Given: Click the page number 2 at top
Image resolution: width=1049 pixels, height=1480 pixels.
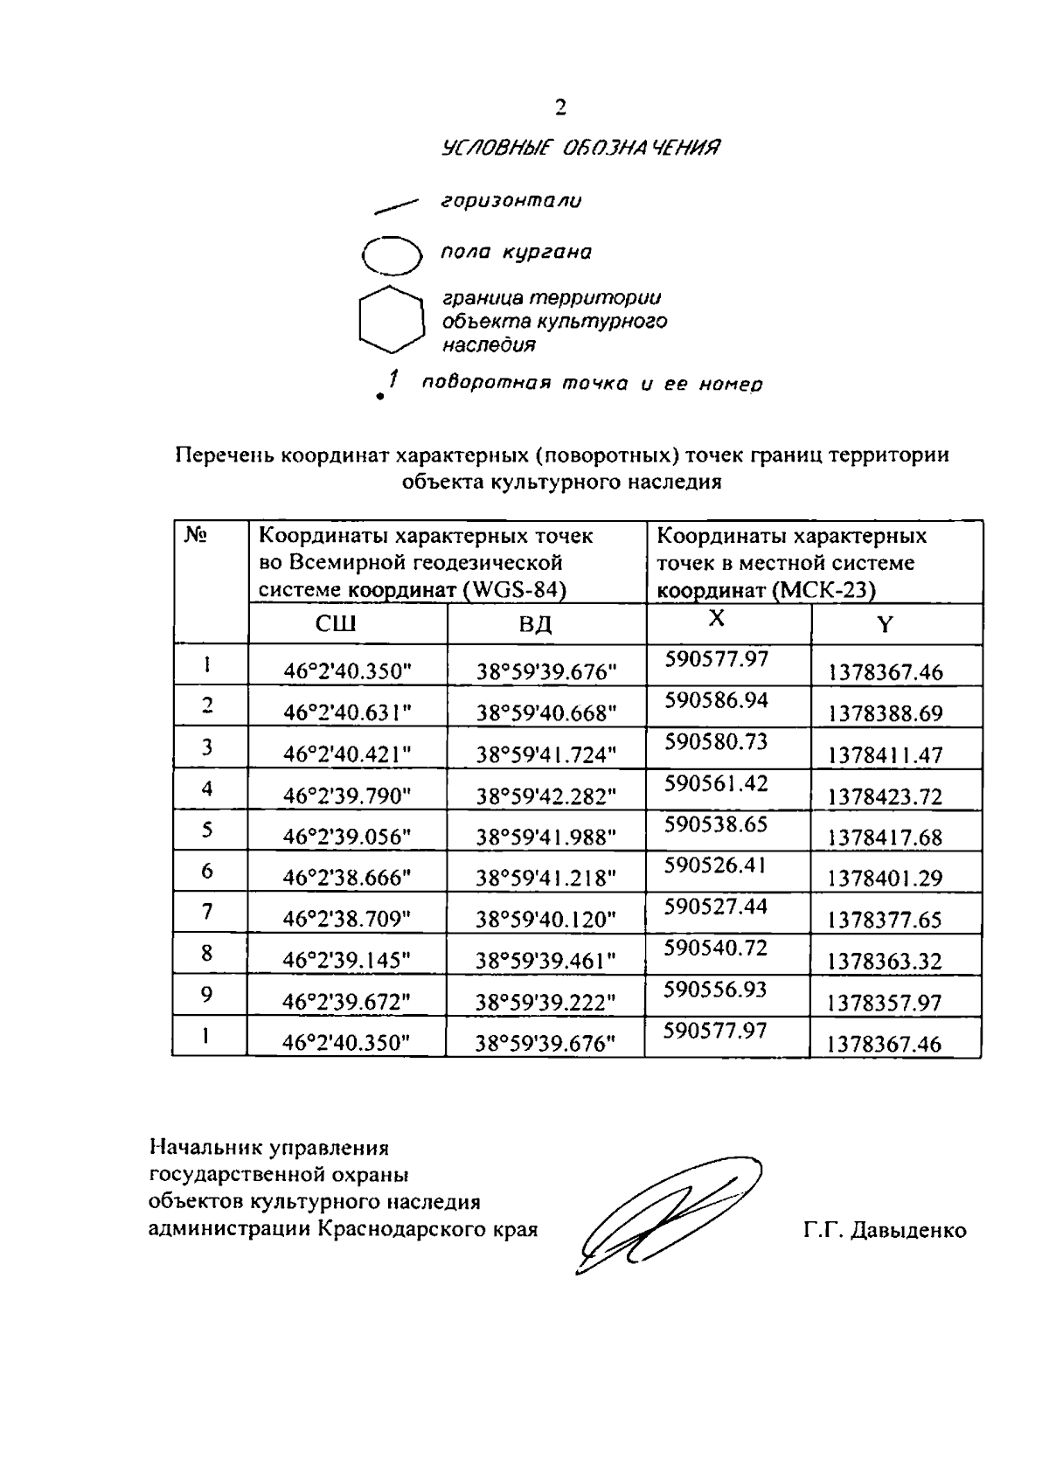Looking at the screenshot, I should (560, 108).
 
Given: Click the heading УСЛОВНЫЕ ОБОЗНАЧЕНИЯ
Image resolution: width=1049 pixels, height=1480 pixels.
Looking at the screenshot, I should (581, 148).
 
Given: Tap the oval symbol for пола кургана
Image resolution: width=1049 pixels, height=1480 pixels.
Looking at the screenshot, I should (392, 255).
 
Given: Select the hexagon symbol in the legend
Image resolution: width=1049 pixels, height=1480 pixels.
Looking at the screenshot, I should (392, 320).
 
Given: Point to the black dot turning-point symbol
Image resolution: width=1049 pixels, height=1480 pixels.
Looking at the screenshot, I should (379, 397).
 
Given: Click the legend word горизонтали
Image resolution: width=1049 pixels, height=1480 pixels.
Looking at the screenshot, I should (511, 201).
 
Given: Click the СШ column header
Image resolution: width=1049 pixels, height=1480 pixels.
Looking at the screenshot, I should (336, 625).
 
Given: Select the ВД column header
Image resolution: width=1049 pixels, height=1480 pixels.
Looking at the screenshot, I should (535, 625).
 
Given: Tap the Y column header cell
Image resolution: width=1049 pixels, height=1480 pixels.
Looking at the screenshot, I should (886, 625).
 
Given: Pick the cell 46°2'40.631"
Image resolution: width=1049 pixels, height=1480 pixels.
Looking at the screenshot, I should (347, 713).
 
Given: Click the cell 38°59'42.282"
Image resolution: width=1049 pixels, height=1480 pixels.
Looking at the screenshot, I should (546, 796).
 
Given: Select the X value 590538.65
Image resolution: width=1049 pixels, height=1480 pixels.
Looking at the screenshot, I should (716, 824).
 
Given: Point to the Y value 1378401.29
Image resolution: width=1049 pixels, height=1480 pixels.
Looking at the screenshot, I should (886, 879).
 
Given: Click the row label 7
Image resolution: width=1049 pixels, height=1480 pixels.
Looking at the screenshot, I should (207, 912).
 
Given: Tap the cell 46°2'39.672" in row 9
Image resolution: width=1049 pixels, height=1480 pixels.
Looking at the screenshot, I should (347, 1003).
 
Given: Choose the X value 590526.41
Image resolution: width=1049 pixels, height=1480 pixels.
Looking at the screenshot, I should (716, 865).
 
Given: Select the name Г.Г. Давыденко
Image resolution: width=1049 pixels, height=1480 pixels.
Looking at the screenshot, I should (886, 1231).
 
